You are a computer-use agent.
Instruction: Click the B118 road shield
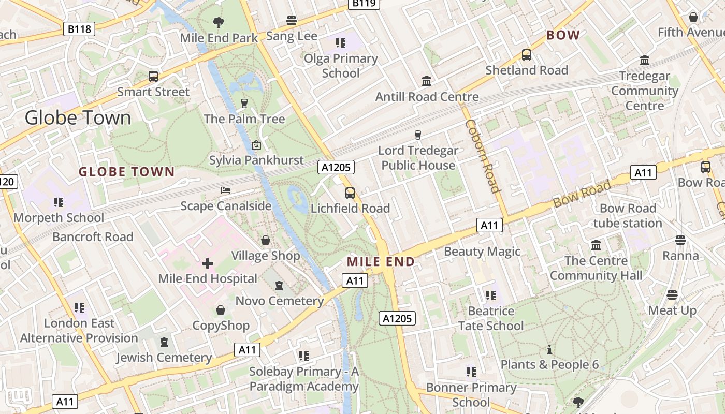pyautogui.click(x=80, y=29)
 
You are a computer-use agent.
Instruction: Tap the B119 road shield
pyautogui.click(x=364, y=4)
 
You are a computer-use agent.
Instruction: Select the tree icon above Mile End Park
pyautogui.click(x=219, y=22)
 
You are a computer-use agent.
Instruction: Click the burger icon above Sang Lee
pyautogui.click(x=292, y=21)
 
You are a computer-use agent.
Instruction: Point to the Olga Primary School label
pyautogui.click(x=341, y=66)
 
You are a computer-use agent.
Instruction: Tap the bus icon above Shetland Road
pyautogui.click(x=527, y=54)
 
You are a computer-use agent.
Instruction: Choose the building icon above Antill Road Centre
pyautogui.click(x=427, y=81)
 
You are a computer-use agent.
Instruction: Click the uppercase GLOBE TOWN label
pyautogui.click(x=126, y=172)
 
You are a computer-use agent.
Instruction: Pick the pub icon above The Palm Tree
pyautogui.click(x=244, y=103)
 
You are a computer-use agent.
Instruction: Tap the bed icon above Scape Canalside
pyautogui.click(x=225, y=190)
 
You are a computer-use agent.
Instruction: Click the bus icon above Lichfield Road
pyautogui.click(x=350, y=193)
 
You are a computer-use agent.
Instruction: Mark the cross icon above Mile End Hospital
pyautogui.click(x=208, y=263)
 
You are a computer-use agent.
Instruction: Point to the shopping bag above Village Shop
pyautogui.click(x=266, y=240)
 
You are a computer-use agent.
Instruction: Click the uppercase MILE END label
pyautogui.click(x=381, y=262)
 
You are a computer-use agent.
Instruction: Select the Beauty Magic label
pyautogui.click(x=482, y=252)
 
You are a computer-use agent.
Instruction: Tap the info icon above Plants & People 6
pyautogui.click(x=549, y=349)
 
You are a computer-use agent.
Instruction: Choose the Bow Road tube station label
pyautogui.click(x=628, y=216)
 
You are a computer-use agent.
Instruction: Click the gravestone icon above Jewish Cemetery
pyautogui.click(x=164, y=342)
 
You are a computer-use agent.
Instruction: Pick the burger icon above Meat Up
pyautogui.click(x=672, y=295)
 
